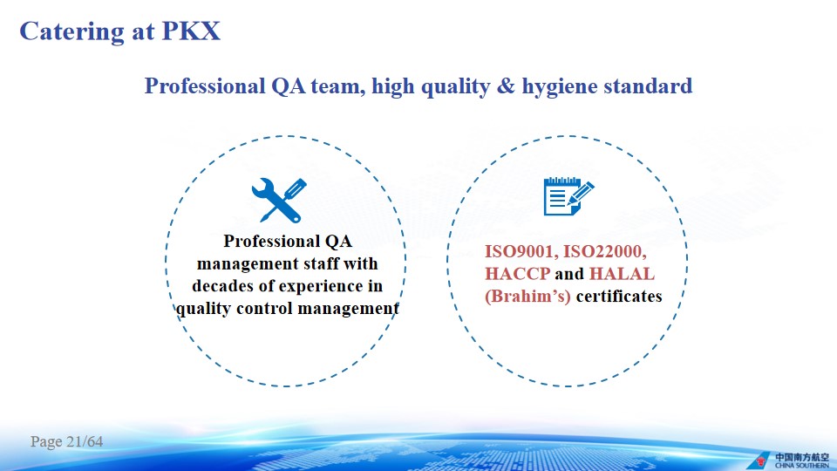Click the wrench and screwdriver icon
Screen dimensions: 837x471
279,201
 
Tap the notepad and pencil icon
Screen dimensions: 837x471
568,196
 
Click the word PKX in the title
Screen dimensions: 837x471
191,31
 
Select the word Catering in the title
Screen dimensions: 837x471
71,32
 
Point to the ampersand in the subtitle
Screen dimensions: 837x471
506,86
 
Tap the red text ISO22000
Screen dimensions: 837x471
605,251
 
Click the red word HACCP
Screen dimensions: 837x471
517,274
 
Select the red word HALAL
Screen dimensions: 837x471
622,274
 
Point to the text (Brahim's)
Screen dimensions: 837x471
528,297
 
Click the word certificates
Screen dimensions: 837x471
619,297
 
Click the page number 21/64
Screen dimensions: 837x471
85,441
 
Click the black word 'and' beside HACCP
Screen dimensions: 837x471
569,274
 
